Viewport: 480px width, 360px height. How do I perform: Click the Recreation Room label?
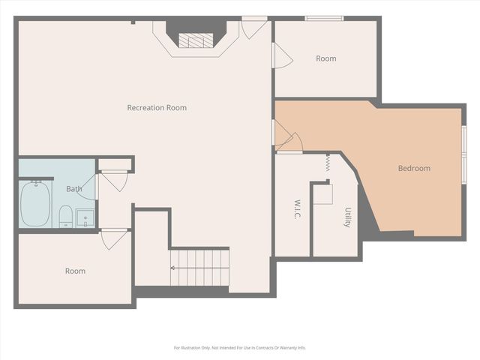pyautogui.click(x=157, y=108)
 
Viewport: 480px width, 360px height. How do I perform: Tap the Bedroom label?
pyautogui.click(x=414, y=168)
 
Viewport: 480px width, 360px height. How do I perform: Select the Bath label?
pyautogui.click(x=74, y=189)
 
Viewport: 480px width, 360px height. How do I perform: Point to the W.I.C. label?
pyautogui.click(x=297, y=210)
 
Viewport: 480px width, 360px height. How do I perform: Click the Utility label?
pyautogui.click(x=348, y=217)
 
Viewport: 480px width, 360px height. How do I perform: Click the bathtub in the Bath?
pyautogui.click(x=35, y=203)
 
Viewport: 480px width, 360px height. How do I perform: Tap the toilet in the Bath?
pyautogui.click(x=65, y=216)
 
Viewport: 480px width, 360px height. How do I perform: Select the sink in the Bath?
pyautogui.click(x=85, y=218)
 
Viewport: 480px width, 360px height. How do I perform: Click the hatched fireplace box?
pyautogui.click(x=196, y=40)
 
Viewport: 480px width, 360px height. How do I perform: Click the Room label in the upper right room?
pyautogui.click(x=326, y=58)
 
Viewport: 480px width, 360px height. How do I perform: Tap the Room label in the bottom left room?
pyautogui.click(x=75, y=271)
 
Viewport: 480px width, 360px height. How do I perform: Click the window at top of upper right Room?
pyautogui.click(x=324, y=19)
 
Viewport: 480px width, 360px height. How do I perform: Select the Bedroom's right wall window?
pyautogui.click(x=464, y=154)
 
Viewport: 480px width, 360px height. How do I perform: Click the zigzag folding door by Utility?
pyautogui.click(x=328, y=163)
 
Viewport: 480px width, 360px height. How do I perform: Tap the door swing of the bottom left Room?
pyautogui.click(x=114, y=239)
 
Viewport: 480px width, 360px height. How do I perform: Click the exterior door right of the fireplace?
pyautogui.click(x=254, y=27)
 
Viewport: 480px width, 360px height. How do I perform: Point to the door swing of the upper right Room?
pyautogui.click(x=282, y=55)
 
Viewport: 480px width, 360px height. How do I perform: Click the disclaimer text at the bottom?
pyautogui.click(x=240, y=348)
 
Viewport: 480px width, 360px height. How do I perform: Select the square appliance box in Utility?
pyautogui.click(x=323, y=194)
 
